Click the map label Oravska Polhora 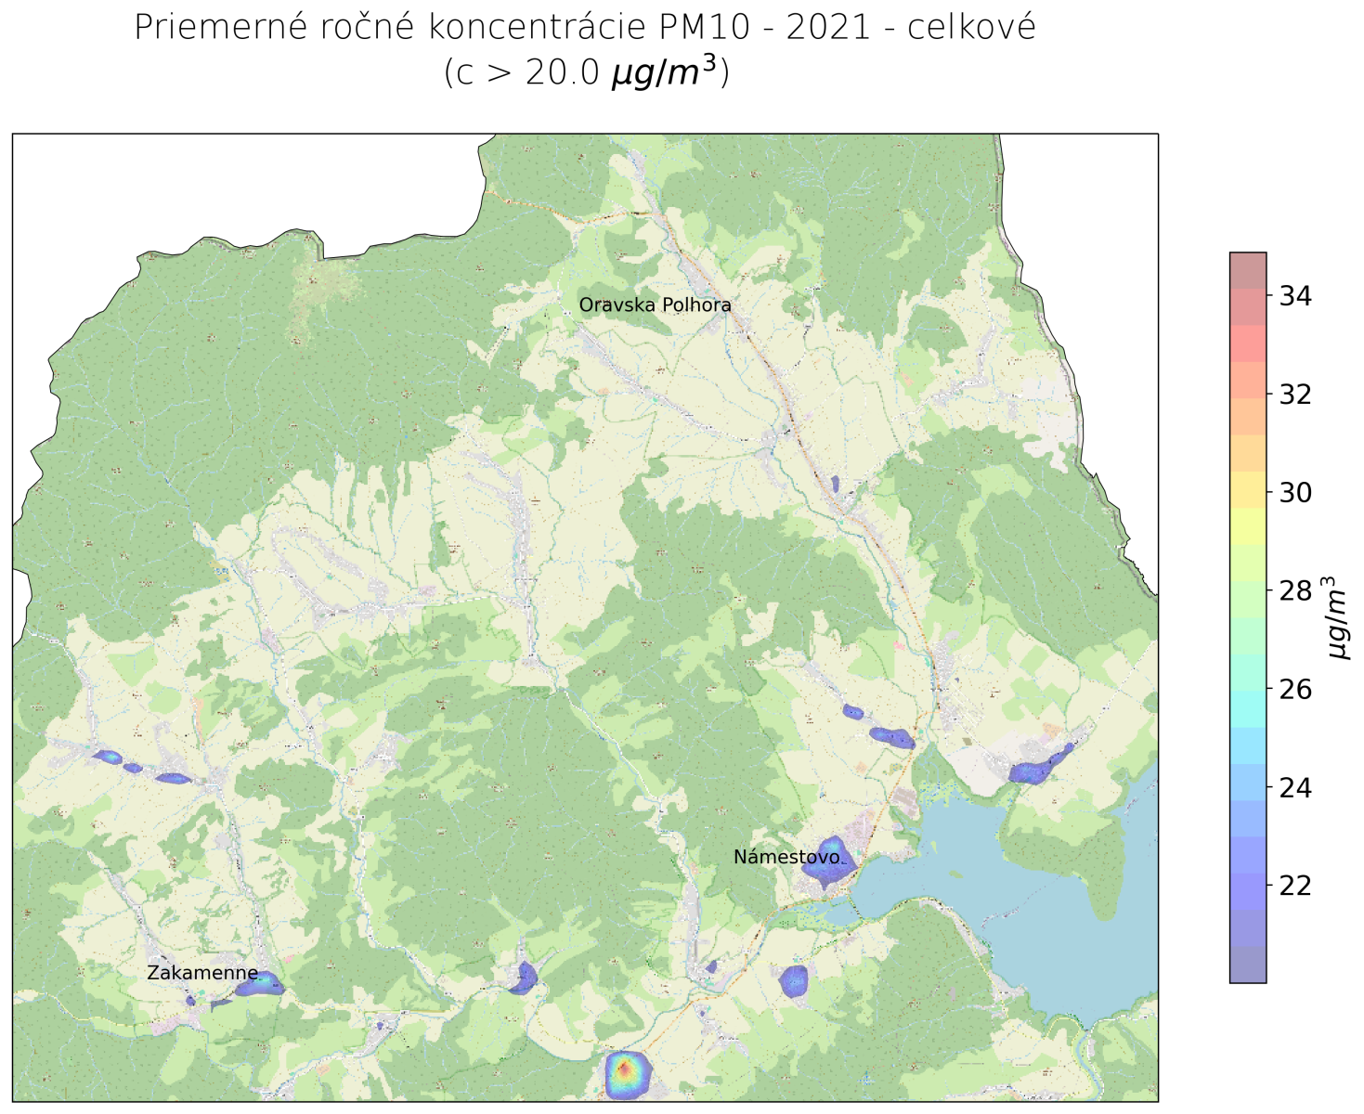[655, 304]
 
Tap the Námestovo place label [786, 857]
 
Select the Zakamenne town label [202, 973]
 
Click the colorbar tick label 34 [1295, 296]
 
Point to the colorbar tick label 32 [1295, 395]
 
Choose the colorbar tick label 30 [1295, 493]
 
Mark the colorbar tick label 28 [1295, 591]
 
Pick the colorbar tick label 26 [1295, 690]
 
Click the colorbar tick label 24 [1295, 788]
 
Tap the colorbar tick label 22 [1295, 886]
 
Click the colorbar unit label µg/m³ [1337, 617]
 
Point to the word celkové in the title [971, 28]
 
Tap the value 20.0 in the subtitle [563, 72]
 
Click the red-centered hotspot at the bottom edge [626, 1072]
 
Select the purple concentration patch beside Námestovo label [825, 862]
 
